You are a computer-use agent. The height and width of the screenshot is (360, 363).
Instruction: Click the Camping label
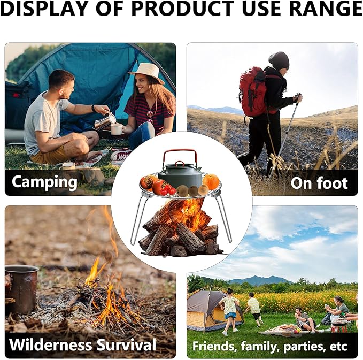44,182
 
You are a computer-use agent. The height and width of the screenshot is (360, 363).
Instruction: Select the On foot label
319,183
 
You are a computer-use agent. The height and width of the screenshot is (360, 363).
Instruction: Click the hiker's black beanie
279,60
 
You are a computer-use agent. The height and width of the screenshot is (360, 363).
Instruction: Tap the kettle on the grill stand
181,174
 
